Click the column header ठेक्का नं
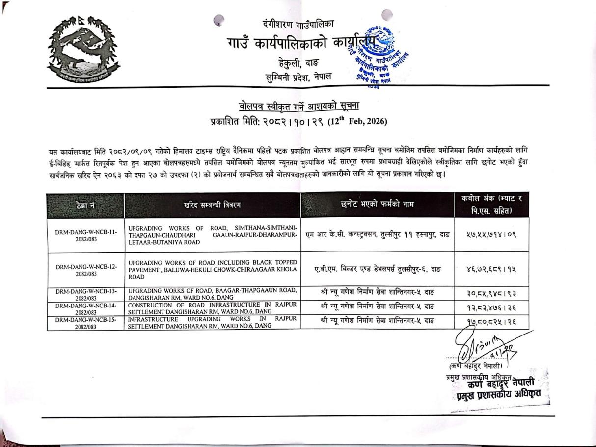[x=86, y=205]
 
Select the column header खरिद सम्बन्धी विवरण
[x=212, y=205]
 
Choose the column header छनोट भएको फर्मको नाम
[x=377, y=205]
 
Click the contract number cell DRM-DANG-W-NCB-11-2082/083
[x=86, y=235]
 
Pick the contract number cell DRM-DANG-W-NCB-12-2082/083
[x=86, y=270]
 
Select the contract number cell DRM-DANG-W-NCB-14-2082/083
[x=86, y=307]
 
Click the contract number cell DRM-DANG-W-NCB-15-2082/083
[x=86, y=322]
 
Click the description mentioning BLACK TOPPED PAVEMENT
[x=212, y=270]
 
